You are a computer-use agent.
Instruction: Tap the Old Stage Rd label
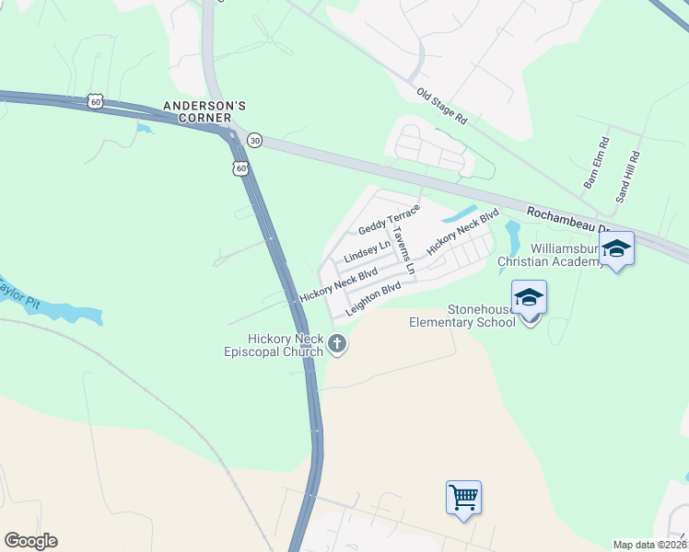(x=442, y=108)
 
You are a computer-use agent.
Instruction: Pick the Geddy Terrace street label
(x=389, y=219)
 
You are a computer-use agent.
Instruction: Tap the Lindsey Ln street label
(x=368, y=251)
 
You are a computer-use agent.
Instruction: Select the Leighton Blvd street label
(x=373, y=299)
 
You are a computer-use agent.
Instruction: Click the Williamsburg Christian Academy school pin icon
(x=616, y=248)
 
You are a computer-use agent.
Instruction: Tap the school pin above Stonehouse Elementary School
(x=529, y=298)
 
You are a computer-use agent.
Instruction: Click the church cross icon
(x=337, y=345)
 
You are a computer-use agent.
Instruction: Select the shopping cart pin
(x=463, y=498)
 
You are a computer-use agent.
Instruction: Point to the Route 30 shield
(x=255, y=140)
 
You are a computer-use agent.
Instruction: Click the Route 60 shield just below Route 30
(x=240, y=168)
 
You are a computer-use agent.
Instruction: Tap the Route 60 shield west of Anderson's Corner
(x=95, y=100)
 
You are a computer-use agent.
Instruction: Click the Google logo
(x=30, y=541)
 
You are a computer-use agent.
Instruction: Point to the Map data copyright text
(x=649, y=545)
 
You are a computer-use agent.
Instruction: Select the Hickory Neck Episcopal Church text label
(x=274, y=345)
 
